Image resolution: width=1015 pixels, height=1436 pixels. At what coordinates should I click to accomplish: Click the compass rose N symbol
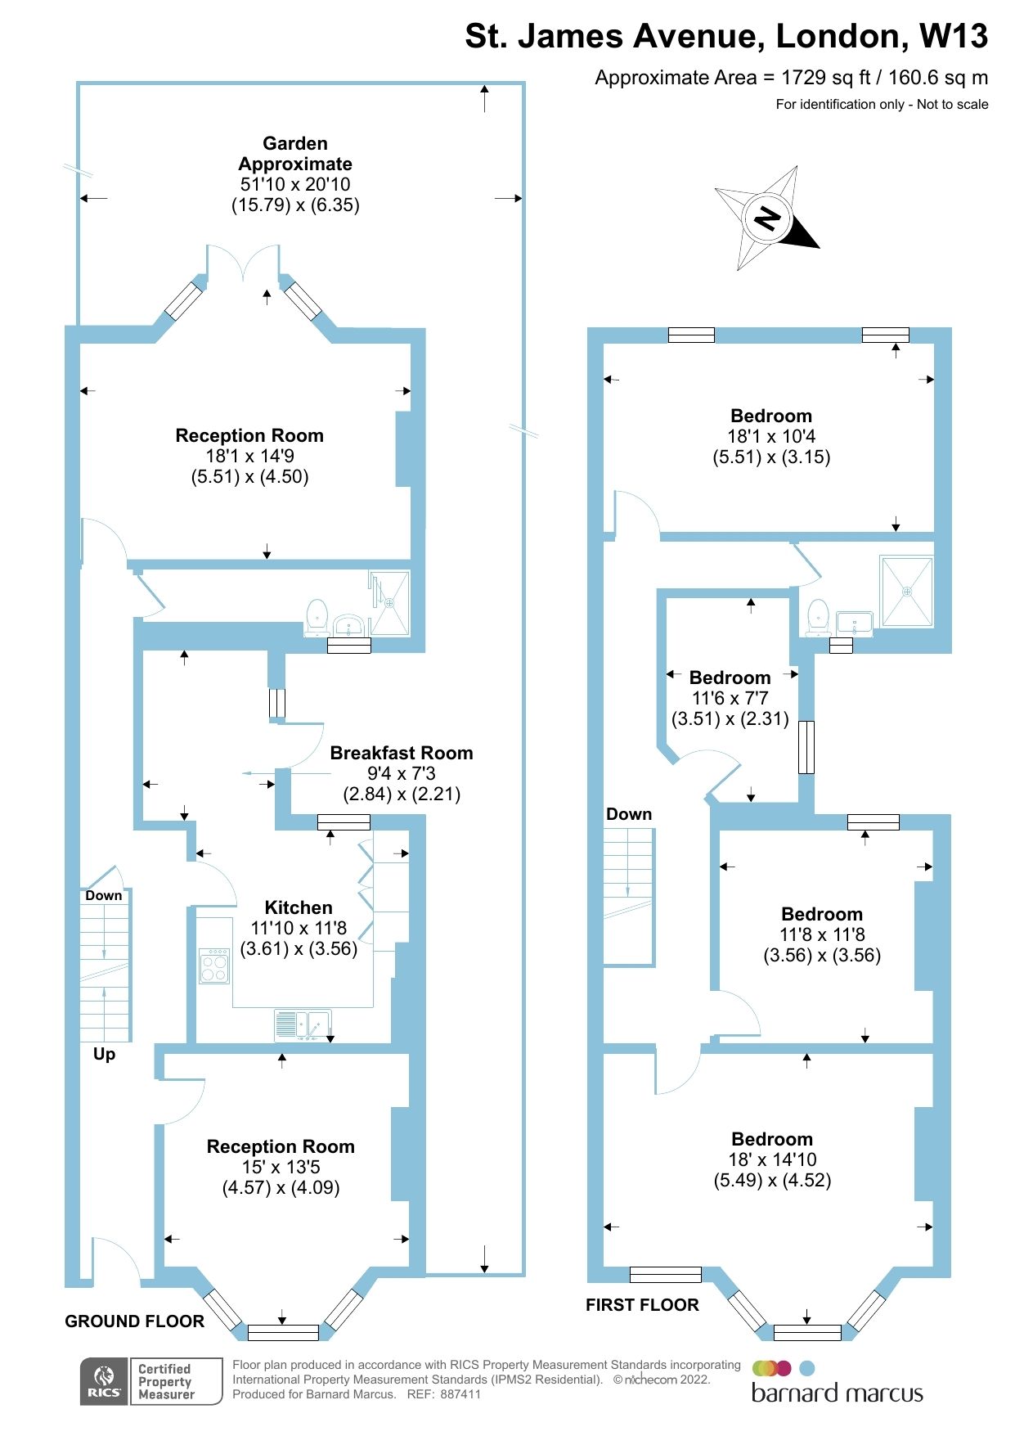pos(767,218)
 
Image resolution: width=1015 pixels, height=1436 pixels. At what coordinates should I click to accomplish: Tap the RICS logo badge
pos(104,1381)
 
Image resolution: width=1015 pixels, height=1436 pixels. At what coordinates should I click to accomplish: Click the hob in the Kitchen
pos(214,966)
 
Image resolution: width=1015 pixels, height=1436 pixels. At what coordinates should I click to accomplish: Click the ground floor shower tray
pos(390,603)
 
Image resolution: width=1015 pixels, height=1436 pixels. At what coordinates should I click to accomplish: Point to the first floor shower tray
pos(906,592)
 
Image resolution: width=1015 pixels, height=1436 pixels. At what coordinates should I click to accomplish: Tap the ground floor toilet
pos(317,617)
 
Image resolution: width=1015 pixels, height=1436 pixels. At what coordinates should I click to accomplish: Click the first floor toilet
pos(818,617)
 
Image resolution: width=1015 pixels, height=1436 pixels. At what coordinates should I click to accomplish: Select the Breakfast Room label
pos(401,753)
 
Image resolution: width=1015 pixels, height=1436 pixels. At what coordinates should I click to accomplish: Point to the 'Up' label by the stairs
pos(104,1054)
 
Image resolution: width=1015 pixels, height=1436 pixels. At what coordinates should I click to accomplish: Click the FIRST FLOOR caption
pos(642,1305)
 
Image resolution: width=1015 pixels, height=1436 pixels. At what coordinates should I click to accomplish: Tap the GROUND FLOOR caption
pos(134,1321)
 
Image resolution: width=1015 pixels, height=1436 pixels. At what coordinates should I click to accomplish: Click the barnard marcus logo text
pos(837,1393)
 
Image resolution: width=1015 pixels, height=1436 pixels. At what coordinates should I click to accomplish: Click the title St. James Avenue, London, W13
pos(725,36)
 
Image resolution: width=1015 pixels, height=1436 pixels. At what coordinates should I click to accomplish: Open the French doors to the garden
pos(244,263)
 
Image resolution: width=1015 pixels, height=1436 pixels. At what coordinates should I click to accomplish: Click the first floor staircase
pos(628,896)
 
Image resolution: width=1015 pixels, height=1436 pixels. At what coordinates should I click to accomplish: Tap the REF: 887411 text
pos(444,1394)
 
